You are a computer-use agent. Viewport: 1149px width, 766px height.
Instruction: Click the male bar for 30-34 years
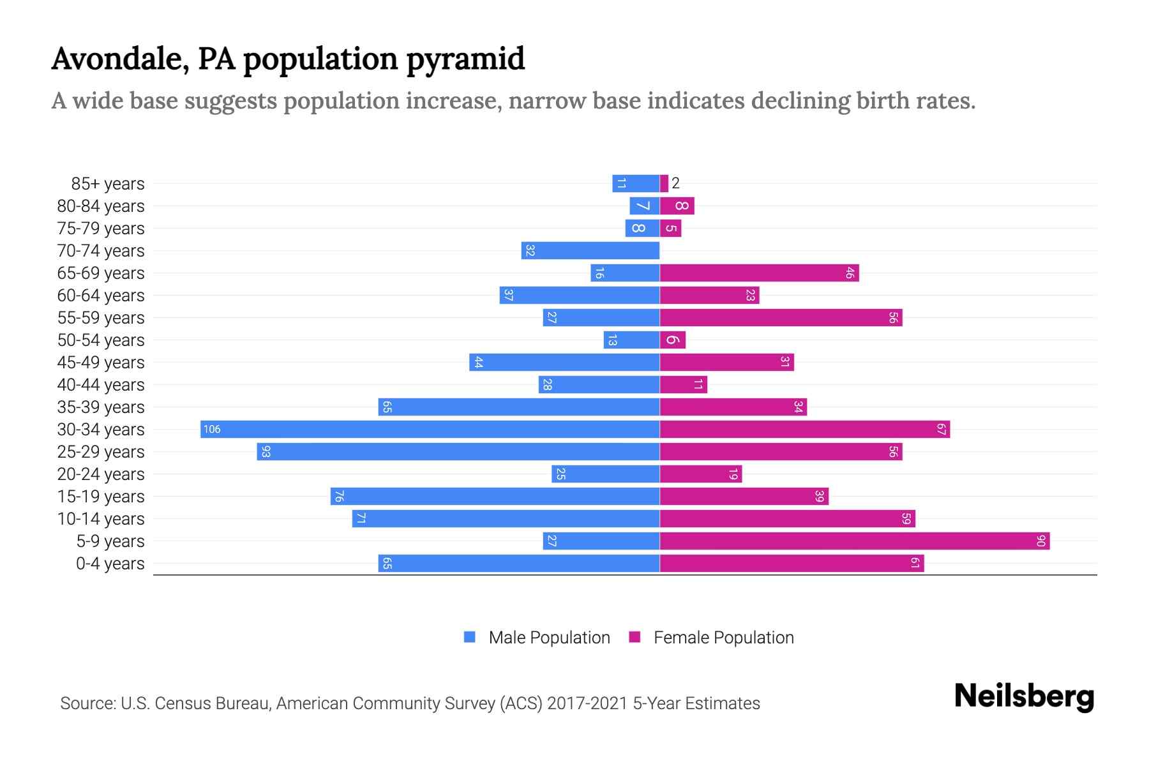[430, 429]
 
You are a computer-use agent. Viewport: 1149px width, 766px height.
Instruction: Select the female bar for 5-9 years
[854, 541]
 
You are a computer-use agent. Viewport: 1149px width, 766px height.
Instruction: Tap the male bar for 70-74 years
[590, 251]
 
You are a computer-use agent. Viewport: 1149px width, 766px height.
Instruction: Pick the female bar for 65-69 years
[759, 273]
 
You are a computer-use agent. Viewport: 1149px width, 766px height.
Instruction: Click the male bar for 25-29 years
[458, 452]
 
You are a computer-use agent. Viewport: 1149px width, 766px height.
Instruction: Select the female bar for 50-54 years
[672, 340]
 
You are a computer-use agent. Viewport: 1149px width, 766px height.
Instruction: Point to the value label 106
[212, 430]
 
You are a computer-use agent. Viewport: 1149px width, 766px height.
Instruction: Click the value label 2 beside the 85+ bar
[675, 184]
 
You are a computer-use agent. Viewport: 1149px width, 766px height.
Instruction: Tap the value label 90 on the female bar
[1040, 541]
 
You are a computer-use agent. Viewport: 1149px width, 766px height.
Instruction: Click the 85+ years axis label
[107, 184]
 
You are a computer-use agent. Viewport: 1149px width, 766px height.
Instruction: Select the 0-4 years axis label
[110, 564]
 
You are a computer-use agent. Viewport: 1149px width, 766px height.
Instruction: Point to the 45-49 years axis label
[101, 363]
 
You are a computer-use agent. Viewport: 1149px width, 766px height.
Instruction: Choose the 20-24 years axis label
[101, 474]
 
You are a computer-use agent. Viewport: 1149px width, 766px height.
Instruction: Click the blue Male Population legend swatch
[470, 637]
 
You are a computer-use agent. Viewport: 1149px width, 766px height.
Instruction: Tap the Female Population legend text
[723, 638]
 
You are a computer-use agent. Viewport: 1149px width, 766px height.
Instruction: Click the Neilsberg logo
[1024, 696]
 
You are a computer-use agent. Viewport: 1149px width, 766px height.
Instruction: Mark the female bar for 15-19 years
[744, 497]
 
